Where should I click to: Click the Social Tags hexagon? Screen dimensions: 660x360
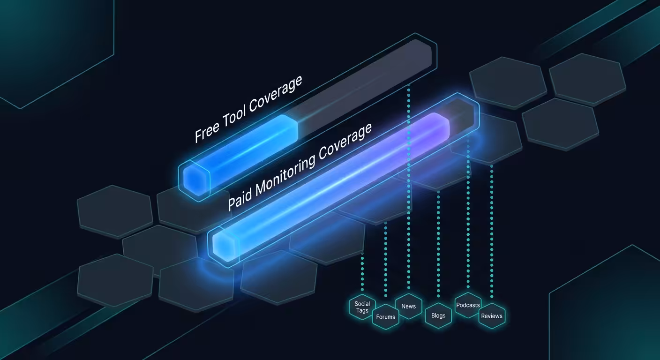pos(362,307)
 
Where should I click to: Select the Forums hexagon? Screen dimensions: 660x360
pos(385,317)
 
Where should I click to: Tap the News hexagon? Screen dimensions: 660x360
pos(409,307)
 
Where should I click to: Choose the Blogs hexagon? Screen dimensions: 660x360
pos(438,315)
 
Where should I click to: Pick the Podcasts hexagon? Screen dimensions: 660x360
pos(468,305)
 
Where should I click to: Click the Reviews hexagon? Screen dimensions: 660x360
pos(492,316)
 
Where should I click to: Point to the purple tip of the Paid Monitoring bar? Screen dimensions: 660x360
pos(439,125)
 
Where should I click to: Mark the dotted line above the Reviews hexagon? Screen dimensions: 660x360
pos(492,232)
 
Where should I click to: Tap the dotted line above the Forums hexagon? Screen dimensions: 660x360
pos(386,259)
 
